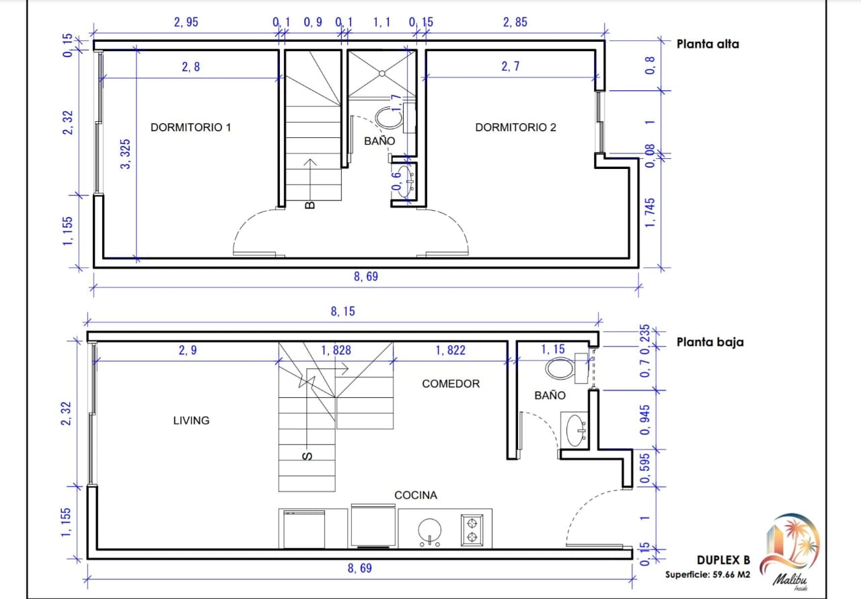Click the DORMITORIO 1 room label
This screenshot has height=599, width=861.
190,127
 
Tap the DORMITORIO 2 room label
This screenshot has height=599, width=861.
515,127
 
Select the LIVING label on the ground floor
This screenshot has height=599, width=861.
191,420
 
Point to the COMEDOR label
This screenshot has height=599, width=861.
451,384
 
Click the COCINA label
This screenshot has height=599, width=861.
416,495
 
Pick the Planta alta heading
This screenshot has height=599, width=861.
708,44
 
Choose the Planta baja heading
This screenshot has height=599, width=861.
710,342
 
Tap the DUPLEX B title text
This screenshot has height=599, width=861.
723,560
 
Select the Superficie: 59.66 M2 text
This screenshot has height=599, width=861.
708,574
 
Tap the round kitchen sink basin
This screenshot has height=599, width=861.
430,530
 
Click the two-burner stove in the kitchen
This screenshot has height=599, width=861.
472,530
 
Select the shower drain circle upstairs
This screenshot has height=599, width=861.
382,73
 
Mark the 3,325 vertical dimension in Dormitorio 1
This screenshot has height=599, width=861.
125,153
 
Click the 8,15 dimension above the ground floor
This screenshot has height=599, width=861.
343,311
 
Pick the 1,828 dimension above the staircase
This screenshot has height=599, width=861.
336,350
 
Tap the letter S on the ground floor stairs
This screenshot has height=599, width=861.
307,456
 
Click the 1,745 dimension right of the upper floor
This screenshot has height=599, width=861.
649,212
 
